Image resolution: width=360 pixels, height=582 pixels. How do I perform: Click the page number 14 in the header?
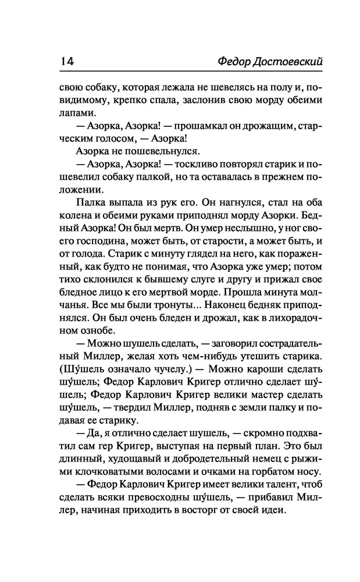click(65, 61)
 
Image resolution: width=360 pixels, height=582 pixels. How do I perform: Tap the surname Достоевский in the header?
click(279, 61)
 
